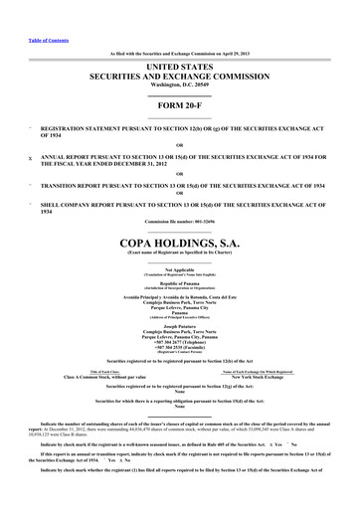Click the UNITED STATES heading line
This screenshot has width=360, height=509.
click(179, 64)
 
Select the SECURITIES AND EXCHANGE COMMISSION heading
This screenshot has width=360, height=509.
click(179, 74)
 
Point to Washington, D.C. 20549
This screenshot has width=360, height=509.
click(179, 83)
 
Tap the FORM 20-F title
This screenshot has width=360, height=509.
click(179, 105)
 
